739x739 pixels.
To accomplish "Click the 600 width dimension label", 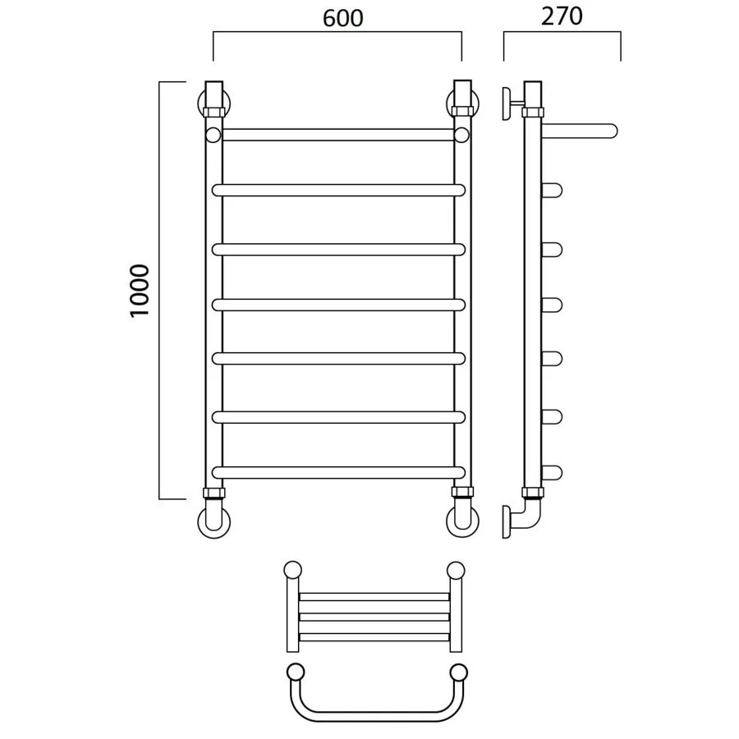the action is click(x=342, y=18).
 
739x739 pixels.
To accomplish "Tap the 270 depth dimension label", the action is click(x=562, y=16).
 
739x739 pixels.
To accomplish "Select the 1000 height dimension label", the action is click(x=140, y=291).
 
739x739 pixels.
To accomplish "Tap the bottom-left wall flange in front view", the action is click(x=214, y=521).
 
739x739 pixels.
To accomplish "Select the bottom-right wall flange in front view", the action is click(x=462, y=521).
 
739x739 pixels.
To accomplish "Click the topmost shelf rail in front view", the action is click(x=338, y=135).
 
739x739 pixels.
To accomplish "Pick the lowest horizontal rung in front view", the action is click(x=338, y=472).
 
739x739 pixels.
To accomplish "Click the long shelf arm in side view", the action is click(x=579, y=131).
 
